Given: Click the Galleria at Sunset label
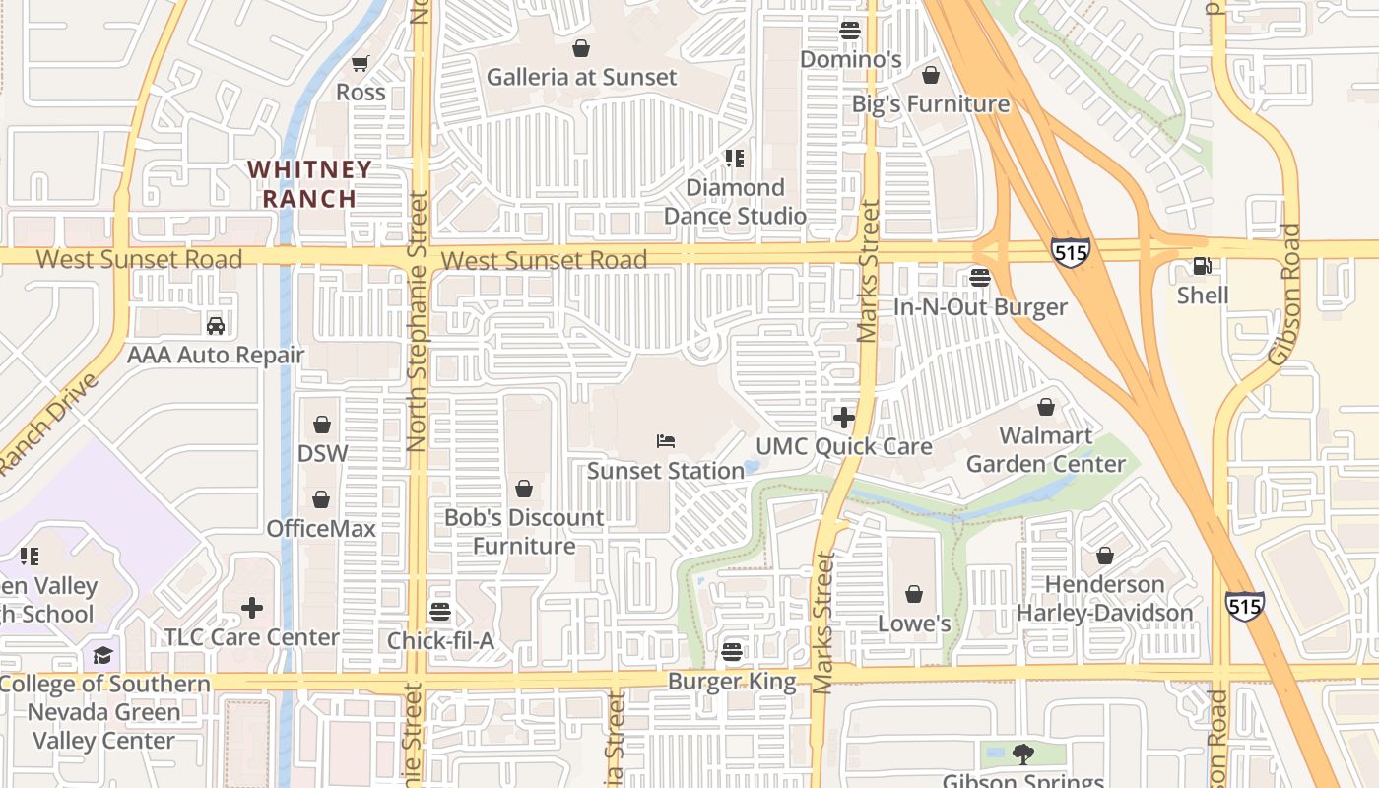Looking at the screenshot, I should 581,77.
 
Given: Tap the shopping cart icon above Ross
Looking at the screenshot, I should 361,63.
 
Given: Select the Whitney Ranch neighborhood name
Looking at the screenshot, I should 309,184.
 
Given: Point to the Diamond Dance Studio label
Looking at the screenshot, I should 735,202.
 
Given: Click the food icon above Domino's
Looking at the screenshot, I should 850,31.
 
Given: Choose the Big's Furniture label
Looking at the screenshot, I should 930,104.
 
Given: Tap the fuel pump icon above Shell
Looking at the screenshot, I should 1202,266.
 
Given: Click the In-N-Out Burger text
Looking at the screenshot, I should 979,307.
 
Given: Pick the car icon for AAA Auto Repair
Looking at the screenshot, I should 216,326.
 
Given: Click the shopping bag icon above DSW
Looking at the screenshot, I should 321,425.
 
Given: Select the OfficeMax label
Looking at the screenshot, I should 321,529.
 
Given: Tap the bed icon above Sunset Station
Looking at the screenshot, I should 666,441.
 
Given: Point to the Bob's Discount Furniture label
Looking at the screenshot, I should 524,532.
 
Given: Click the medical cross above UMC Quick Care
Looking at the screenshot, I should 843,418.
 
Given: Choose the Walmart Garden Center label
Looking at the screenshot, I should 1045,449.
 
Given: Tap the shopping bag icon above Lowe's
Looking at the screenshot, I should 914,594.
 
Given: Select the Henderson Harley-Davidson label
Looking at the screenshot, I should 1104,599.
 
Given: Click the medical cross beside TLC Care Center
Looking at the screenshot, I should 252,608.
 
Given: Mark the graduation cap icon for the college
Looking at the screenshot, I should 103,655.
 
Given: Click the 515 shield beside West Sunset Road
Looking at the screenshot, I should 1070,252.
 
